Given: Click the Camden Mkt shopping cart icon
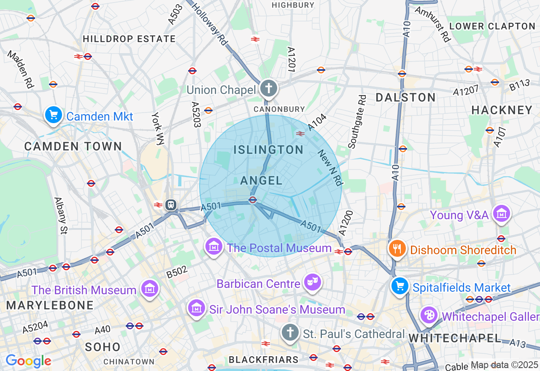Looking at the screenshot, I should click(53, 115).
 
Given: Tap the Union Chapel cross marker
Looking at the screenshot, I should click(269, 89).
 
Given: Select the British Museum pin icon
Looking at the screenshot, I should click(150, 289).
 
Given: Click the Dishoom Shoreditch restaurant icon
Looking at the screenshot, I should click(397, 249).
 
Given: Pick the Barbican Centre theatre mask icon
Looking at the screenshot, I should click(313, 283).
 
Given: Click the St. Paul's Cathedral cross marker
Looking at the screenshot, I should click(290, 333).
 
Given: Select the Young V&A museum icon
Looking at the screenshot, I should click(502, 214).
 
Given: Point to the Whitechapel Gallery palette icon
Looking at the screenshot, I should click(429, 315).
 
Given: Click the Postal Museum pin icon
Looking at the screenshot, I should click(214, 247).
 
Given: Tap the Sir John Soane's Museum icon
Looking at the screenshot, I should click(197, 309).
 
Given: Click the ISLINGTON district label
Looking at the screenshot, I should click(269, 150).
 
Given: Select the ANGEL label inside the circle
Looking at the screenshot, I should click(262, 181).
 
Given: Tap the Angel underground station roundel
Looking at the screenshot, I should click(253, 200).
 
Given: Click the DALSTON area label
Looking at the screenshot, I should click(406, 97).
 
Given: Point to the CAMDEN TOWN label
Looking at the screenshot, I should click(73, 147).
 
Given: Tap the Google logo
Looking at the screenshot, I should click(28, 361).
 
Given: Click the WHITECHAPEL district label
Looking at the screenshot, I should click(455, 338).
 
